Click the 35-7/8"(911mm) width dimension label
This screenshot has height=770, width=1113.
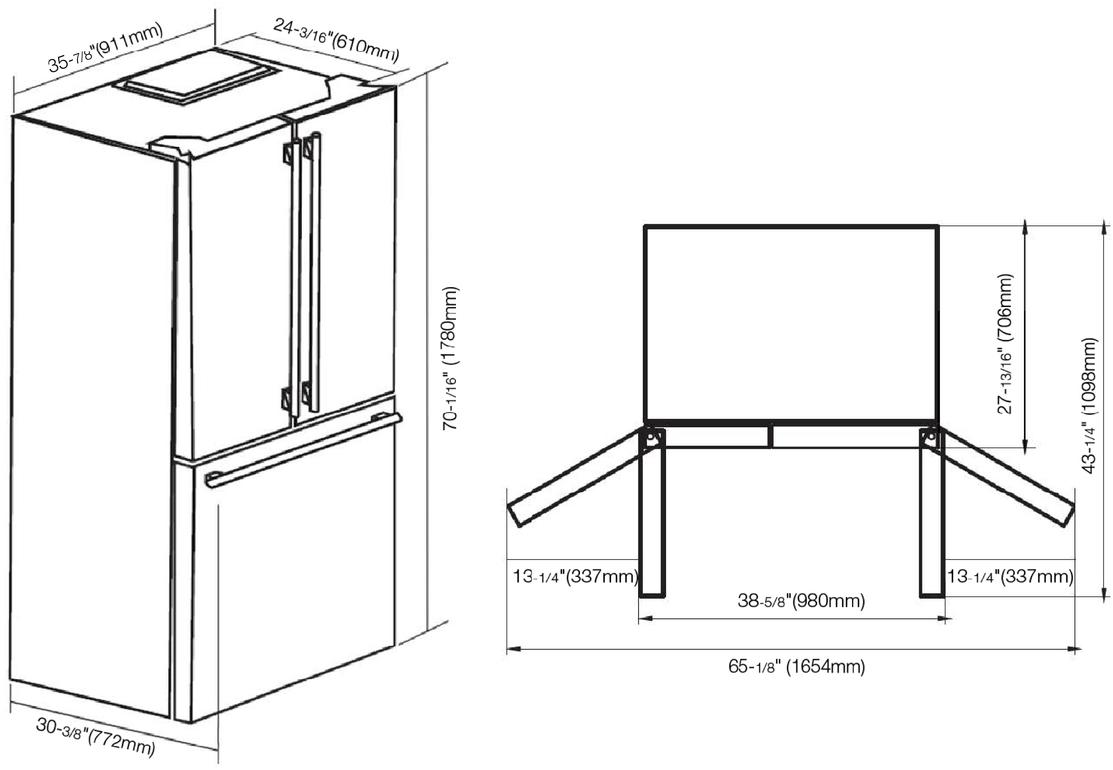tap(105, 47)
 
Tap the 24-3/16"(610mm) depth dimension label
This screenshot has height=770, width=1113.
tap(336, 40)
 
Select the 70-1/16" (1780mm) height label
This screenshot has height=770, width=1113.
tap(451, 358)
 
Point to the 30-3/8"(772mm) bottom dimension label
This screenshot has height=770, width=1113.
tap(96, 736)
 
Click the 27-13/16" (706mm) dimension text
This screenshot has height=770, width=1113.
tap(1006, 344)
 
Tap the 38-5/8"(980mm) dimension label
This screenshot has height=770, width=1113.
tap(801, 601)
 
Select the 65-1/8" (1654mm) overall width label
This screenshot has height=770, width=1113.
tap(796, 667)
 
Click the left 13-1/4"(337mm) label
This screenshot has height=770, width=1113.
tap(575, 576)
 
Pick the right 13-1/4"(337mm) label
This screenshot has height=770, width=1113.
tap(1010, 576)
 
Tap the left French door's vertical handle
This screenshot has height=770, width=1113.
tap(291, 278)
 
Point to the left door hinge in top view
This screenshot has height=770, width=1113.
tap(651, 439)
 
